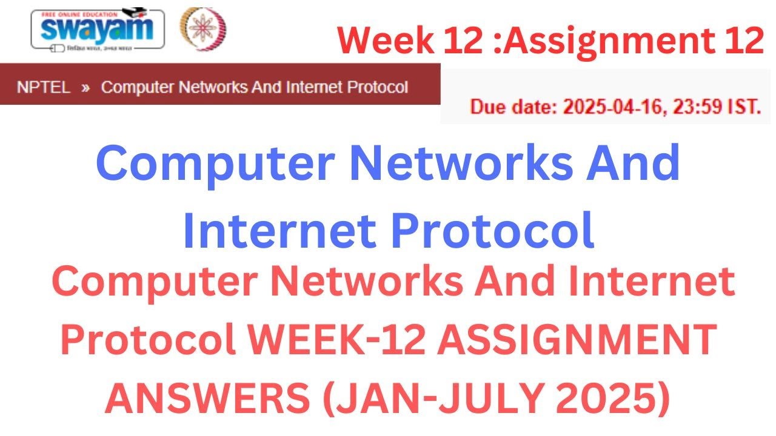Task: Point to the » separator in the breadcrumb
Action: (85, 87)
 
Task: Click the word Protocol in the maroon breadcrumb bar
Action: (376, 87)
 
